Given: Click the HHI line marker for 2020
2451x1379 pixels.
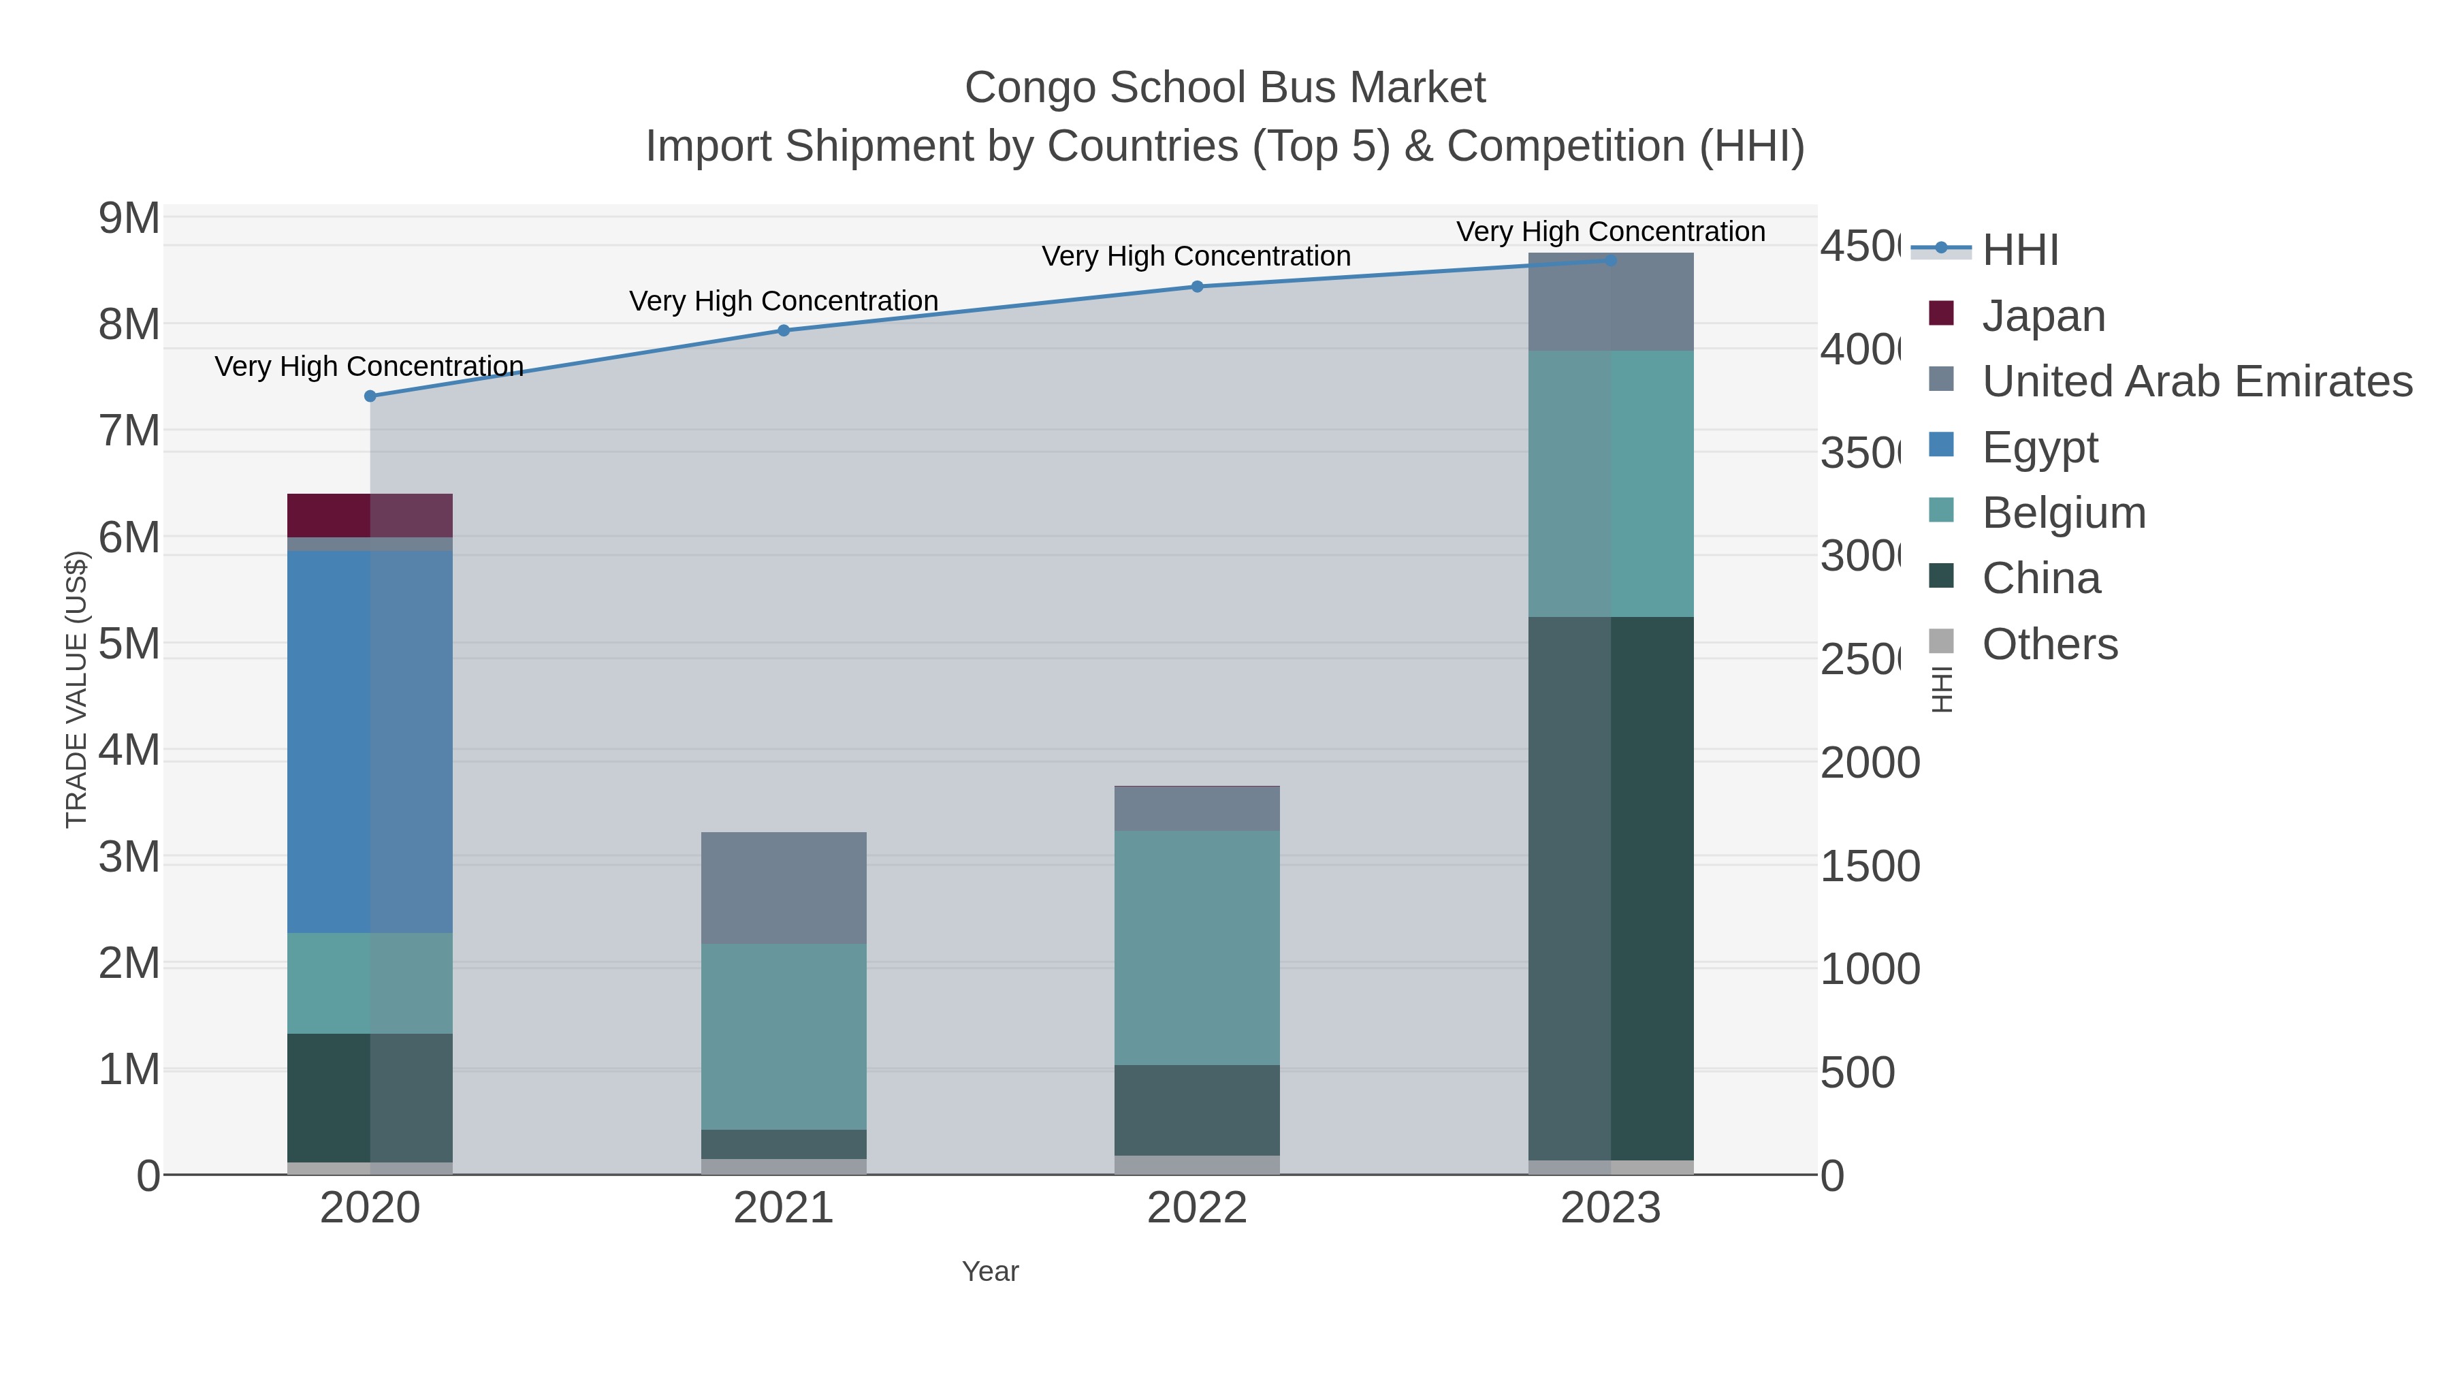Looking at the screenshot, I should pyautogui.click(x=370, y=396).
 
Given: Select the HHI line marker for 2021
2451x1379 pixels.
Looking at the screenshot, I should pyautogui.click(x=784, y=330).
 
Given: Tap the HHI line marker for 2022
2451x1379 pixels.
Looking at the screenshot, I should pyautogui.click(x=1197, y=287).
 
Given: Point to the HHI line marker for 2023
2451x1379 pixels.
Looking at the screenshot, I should pyautogui.click(x=1611, y=260).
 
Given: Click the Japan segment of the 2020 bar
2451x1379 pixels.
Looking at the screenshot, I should pyautogui.click(x=370, y=515).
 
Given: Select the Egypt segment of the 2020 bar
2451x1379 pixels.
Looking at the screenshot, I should pyautogui.click(x=370, y=742).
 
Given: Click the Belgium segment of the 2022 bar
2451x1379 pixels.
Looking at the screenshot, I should pyautogui.click(x=1197, y=947).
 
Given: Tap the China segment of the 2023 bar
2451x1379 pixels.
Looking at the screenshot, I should pyautogui.click(x=1611, y=888).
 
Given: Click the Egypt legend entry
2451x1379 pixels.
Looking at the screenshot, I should pyautogui.click(x=2039, y=447).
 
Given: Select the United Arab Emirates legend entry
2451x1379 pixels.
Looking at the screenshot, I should pyautogui.click(x=2196, y=381).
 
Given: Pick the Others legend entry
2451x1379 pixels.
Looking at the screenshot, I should pyautogui.click(x=2049, y=644).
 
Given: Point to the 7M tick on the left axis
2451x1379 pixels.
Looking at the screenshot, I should pyautogui.click(x=129, y=431).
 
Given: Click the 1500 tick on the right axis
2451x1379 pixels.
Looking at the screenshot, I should pyautogui.click(x=1870, y=866).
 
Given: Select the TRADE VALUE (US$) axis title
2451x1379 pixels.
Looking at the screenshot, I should pyautogui.click(x=76, y=689).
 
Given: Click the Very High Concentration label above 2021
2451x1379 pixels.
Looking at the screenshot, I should pyautogui.click(x=784, y=301).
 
